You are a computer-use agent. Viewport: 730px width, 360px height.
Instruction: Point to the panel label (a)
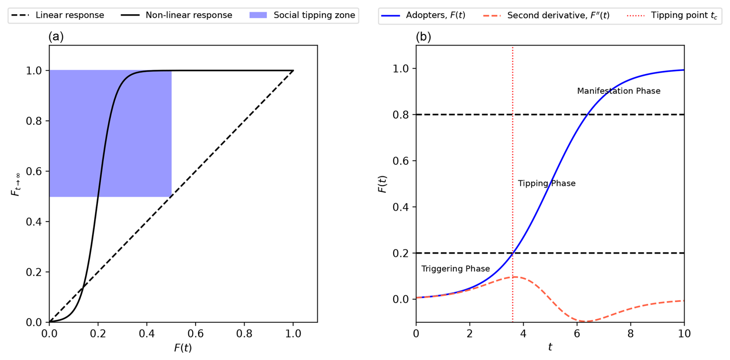click(x=56, y=37)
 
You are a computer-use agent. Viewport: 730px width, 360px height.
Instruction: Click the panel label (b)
click(x=423, y=37)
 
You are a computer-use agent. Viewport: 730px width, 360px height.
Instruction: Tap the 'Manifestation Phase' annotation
click(x=618, y=91)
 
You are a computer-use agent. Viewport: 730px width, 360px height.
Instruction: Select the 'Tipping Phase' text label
click(x=546, y=183)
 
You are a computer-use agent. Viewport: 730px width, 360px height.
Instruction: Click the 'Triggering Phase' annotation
click(x=455, y=269)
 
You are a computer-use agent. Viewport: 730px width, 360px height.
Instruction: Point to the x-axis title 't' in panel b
click(x=550, y=347)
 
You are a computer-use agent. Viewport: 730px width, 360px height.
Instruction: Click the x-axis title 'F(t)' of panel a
click(x=183, y=348)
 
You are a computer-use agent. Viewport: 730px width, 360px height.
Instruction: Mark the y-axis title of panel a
click(x=16, y=184)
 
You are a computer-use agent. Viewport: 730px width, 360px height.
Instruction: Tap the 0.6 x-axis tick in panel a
click(x=195, y=333)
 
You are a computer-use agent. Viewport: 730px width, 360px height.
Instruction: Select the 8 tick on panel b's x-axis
click(x=630, y=333)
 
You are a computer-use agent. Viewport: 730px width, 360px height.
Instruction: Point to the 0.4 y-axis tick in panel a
click(x=34, y=222)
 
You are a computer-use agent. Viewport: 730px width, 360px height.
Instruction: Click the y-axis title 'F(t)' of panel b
click(x=382, y=184)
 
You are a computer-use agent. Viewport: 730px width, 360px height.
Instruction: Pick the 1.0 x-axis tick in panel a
click(x=293, y=333)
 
